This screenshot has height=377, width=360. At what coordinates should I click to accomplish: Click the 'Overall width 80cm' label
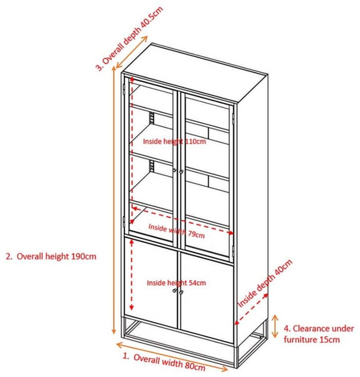click(164, 362)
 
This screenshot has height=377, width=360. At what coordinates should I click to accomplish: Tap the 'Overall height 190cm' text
click(51, 256)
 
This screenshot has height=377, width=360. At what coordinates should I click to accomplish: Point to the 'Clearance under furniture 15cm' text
click(312, 334)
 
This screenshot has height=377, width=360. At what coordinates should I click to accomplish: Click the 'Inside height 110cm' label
click(174, 141)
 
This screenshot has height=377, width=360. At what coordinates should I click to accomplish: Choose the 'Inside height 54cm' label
click(176, 283)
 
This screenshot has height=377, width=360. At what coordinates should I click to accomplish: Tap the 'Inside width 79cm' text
click(176, 230)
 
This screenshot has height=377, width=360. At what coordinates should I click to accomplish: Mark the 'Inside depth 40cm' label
click(265, 283)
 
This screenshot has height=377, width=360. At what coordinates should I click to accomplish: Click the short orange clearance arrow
click(275, 326)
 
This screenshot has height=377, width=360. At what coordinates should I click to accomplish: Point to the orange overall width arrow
click(171, 354)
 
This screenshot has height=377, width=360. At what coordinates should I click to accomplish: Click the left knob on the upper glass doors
click(175, 170)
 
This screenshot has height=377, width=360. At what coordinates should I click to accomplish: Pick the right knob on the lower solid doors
click(181, 292)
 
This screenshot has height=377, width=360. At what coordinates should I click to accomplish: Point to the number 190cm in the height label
click(83, 256)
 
